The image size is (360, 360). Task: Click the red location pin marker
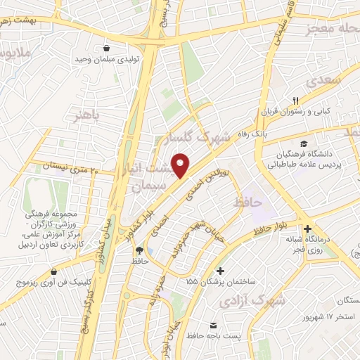[181, 165]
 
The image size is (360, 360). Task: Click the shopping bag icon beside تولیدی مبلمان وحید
[106, 49]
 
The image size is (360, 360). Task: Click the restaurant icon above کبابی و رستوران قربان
[296, 100]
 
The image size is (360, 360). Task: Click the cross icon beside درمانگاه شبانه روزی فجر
[307, 229]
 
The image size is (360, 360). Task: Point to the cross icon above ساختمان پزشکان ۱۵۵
[221, 271]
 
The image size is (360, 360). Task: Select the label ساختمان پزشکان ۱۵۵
[221, 282]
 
